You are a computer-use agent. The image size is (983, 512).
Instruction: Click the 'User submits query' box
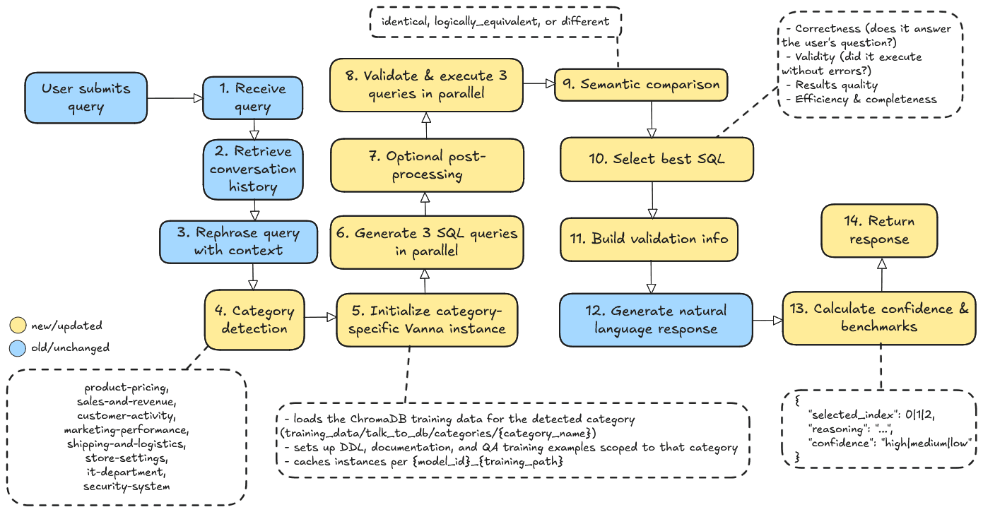click(86, 97)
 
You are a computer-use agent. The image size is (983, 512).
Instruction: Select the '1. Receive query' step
click(252, 97)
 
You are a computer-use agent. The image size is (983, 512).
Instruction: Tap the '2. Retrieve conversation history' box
click(253, 169)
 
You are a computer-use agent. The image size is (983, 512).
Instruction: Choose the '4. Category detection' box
click(253, 320)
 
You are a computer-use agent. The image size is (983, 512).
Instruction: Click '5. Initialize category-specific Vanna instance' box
click(427, 320)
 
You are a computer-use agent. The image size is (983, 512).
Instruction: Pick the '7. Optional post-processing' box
click(427, 165)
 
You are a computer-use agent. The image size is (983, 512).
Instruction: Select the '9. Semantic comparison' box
click(641, 85)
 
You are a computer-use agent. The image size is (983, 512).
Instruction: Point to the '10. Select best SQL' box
click(657, 159)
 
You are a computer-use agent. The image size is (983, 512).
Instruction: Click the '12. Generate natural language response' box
click(656, 320)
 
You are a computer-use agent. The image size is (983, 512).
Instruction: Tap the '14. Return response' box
click(879, 230)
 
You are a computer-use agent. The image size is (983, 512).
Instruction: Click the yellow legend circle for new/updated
click(18, 326)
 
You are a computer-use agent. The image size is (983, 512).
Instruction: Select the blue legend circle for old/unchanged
click(18, 347)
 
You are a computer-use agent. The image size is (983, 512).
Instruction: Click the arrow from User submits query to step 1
click(175, 99)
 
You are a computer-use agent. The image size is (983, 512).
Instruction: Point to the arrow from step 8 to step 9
click(538, 83)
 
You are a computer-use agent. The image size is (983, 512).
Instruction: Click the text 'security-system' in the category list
click(127, 487)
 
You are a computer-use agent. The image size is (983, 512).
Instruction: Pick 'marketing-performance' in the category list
click(127, 430)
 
